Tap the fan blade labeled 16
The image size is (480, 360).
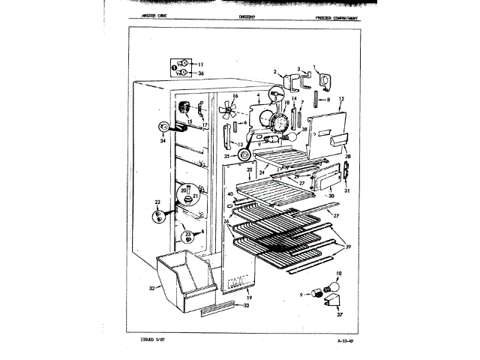[225, 111]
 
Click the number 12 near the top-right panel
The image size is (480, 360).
[341, 99]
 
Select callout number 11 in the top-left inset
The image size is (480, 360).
[200, 64]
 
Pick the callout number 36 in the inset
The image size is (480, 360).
[200, 73]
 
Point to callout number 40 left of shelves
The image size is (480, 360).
[231, 193]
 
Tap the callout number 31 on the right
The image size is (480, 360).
[347, 191]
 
